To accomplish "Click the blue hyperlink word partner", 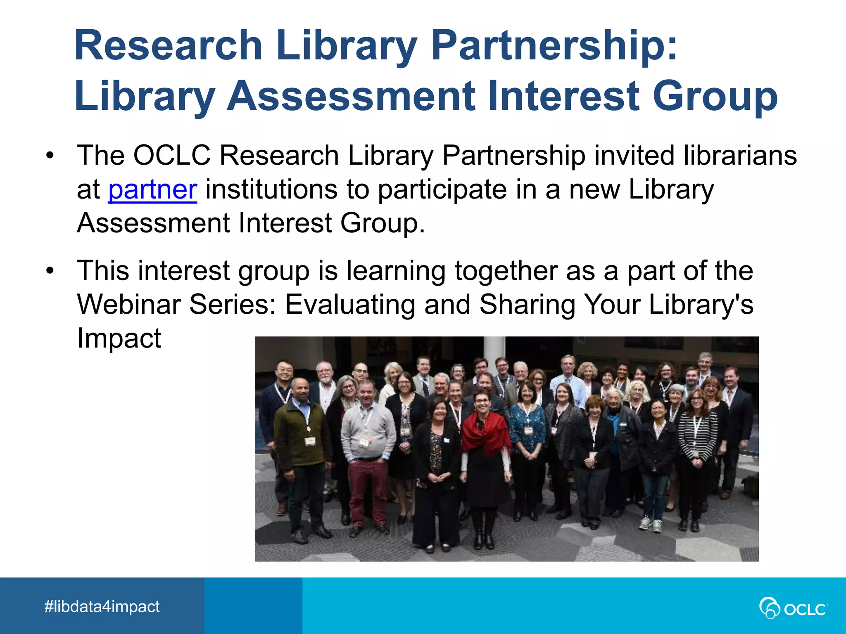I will (152, 190).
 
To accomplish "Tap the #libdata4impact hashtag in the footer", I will (102, 607).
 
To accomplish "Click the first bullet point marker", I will (50, 156).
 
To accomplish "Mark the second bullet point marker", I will (50, 271).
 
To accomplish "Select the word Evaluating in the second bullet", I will (350, 305).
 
